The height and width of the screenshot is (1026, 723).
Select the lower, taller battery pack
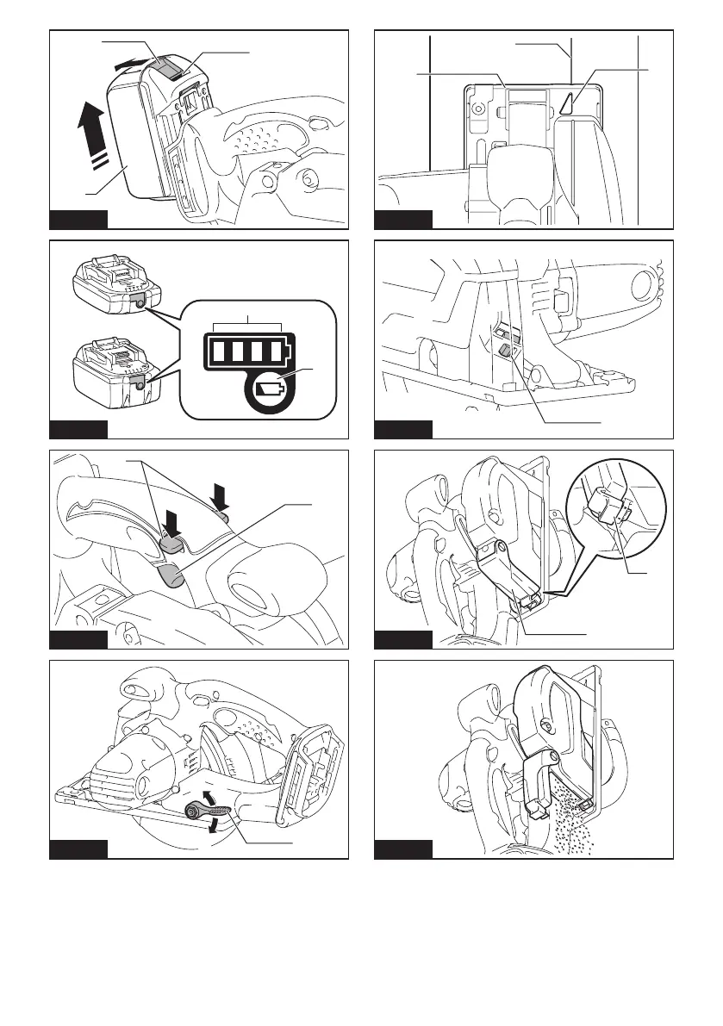(x=109, y=371)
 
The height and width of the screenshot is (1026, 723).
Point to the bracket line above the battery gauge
(x=247, y=324)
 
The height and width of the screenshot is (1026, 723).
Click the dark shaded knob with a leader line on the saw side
(x=505, y=351)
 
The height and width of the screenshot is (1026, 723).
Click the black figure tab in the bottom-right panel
(x=403, y=849)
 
